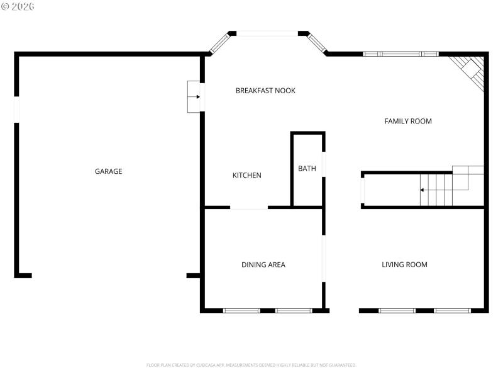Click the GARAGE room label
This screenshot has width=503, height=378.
pos(108,171)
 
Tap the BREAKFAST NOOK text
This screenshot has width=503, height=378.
pos(265,91)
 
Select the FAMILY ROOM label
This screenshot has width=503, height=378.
pos(408,121)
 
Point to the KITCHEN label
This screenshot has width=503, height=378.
pos(247,175)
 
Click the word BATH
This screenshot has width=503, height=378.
pos(307,168)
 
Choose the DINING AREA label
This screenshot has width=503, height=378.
pos(263,265)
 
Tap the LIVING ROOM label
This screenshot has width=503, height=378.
pos(404,265)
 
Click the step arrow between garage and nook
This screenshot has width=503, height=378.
pos(196,97)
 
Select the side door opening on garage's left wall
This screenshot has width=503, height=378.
pos(17,110)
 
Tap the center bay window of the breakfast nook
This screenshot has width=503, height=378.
pos(267,33)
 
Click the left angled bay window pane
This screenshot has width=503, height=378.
pos(219,43)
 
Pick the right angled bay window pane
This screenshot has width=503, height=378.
pos(316,43)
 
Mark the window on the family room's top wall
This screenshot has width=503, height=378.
pos(401,54)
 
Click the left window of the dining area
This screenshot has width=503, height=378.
pos(241,311)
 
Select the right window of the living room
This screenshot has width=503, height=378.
pos(452,311)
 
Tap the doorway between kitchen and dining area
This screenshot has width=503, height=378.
pos(249,207)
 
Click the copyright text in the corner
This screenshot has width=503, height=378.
pos(18,6)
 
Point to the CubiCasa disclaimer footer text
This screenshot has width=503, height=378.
pos(251,365)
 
